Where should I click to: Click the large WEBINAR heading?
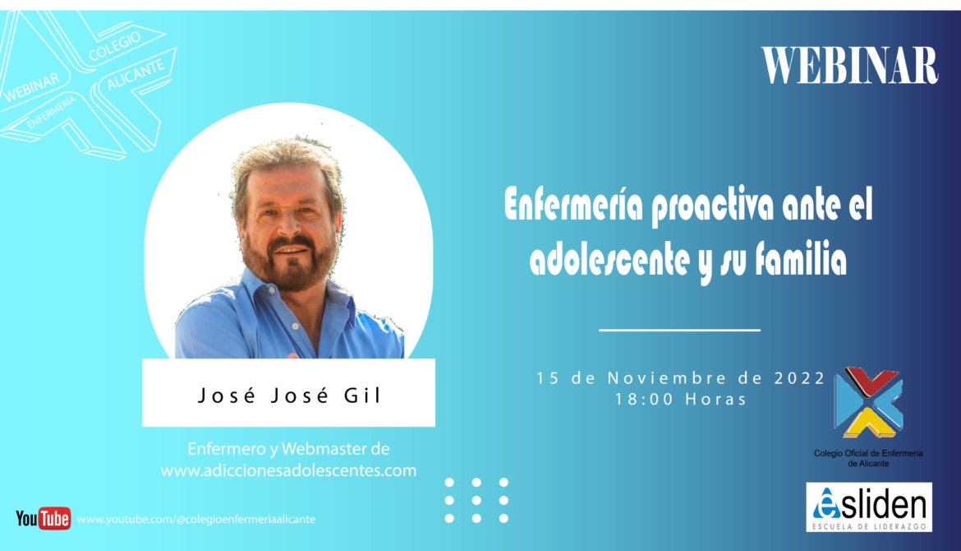[x=849, y=66]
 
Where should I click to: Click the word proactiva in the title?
[x=712, y=206]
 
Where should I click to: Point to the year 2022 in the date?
[x=800, y=378]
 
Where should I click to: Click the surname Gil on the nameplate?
[x=362, y=396]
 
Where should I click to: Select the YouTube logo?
[x=43, y=518]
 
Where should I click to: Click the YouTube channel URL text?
[x=196, y=519]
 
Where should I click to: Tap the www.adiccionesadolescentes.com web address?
[x=288, y=470]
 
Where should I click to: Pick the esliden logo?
[x=869, y=507]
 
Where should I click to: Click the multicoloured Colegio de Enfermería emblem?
[x=868, y=402]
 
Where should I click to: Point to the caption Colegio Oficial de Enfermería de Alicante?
[x=868, y=458]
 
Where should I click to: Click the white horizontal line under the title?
[x=680, y=330]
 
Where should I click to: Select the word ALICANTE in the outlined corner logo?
[x=136, y=74]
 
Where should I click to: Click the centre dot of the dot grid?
[x=476, y=501]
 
